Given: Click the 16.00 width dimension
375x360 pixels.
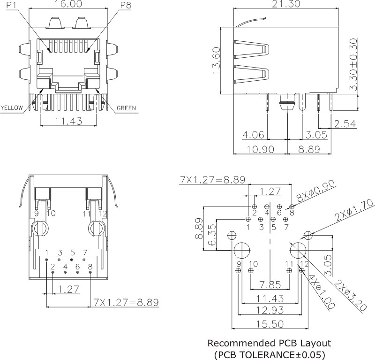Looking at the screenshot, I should click(x=68, y=5).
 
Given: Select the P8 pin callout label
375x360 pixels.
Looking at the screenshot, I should click(x=126, y=5).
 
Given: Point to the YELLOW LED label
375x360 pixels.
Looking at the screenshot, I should click(x=12, y=108).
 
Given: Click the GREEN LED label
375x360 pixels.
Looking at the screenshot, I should click(x=126, y=108).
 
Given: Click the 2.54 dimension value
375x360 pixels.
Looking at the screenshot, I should click(x=345, y=124).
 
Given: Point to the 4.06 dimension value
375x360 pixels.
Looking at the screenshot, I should click(x=253, y=136).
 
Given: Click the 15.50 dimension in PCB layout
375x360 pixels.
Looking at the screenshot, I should click(x=270, y=323).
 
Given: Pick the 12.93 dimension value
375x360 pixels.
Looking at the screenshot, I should click(x=270, y=310).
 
